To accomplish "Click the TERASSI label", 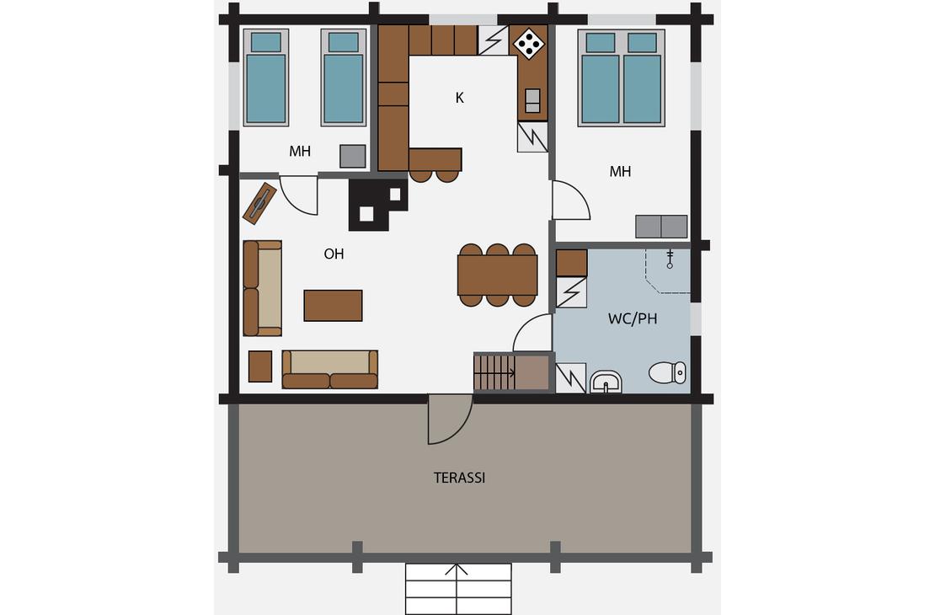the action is click(459, 478).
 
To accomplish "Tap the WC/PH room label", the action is click(633, 318).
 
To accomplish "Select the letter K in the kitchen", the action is click(459, 98).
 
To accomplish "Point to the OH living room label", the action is click(334, 254).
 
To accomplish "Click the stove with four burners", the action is click(529, 44).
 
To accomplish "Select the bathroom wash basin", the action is click(606, 382).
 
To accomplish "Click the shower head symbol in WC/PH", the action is click(671, 259).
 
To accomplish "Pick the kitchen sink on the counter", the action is click(532, 101).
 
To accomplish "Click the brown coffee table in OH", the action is click(334, 306).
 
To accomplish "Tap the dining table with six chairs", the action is click(497, 275).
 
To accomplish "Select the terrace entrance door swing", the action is click(450, 420).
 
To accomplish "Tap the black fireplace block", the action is click(378, 205).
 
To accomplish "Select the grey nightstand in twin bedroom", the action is click(352, 157).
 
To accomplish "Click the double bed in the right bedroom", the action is click(622, 78).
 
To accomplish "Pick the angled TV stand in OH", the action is click(260, 203).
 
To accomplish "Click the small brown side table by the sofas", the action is click(260, 366).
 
